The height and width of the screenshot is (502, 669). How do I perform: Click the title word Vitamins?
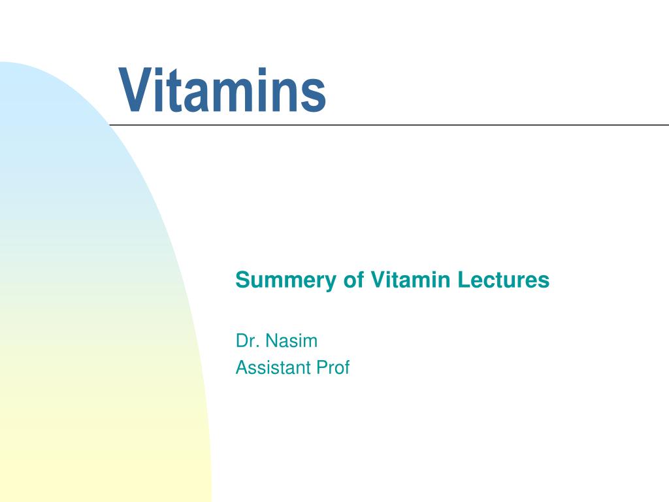click(222, 90)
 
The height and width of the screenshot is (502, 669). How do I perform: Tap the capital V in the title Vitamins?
click(136, 90)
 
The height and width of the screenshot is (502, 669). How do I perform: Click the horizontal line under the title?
click(389, 125)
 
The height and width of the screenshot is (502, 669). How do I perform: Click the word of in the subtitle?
click(353, 280)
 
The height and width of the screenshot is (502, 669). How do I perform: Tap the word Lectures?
click(504, 280)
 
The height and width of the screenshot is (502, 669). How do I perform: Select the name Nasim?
click(291, 341)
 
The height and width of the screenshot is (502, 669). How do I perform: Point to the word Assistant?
click(272, 367)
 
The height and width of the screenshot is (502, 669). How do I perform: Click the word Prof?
click(333, 367)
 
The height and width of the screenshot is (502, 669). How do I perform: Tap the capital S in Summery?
click(242, 280)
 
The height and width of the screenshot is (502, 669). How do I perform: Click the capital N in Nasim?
click(272, 341)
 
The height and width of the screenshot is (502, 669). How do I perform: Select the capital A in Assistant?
click(242, 367)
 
